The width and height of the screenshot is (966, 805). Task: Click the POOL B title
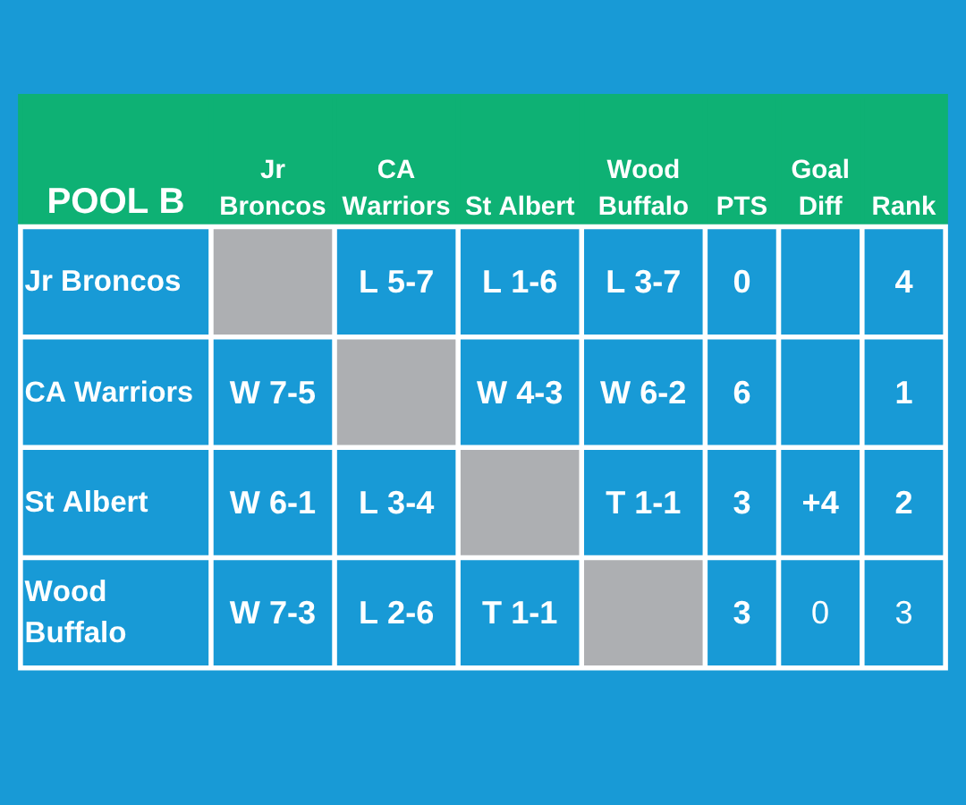(x=115, y=201)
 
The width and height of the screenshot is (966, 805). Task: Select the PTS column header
(x=741, y=206)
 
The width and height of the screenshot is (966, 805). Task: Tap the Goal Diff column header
(x=820, y=187)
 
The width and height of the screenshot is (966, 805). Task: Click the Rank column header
(x=903, y=206)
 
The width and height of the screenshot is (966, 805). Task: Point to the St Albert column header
(x=520, y=206)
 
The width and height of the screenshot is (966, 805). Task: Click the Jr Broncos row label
(x=103, y=281)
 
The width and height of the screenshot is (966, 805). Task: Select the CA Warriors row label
(x=109, y=392)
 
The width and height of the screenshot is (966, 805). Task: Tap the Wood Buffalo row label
(x=76, y=612)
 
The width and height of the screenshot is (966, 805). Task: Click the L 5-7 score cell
(x=396, y=282)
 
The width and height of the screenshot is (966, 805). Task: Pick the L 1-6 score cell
(x=520, y=282)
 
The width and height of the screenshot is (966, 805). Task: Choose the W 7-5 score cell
(x=273, y=393)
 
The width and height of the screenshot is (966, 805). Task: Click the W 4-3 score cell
(x=520, y=393)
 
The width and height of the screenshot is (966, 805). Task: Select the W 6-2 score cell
(x=643, y=393)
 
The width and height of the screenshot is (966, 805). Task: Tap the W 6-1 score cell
(x=273, y=503)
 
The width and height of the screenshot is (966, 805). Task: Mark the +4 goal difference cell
(x=820, y=503)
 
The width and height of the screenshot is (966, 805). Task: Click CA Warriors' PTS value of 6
(x=741, y=393)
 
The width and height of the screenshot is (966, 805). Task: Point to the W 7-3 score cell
(x=273, y=613)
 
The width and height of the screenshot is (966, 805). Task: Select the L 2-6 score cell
(x=396, y=613)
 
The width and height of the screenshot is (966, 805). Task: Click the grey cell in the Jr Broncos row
(x=273, y=282)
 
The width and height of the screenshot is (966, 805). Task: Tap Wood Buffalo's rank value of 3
(x=903, y=613)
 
